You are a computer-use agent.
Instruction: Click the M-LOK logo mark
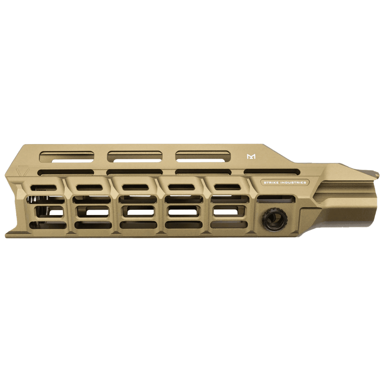pyautogui.click(x=252, y=157)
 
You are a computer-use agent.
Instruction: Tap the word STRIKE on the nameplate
pyautogui.click(x=271, y=183)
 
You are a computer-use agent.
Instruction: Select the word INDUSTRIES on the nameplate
pyautogui.click(x=292, y=183)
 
